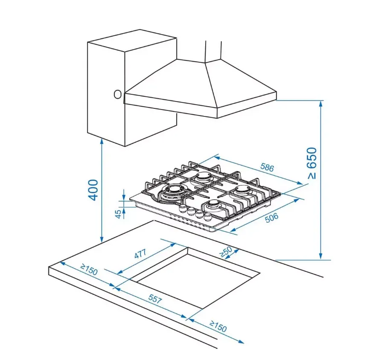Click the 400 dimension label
(x=93, y=190)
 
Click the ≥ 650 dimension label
(x=312, y=163)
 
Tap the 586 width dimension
(x=267, y=167)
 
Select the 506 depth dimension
(x=272, y=218)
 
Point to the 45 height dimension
(x=118, y=214)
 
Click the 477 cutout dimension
(x=140, y=254)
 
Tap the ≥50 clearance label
(x=226, y=252)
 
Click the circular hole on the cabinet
(x=118, y=94)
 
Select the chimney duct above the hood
(x=213, y=52)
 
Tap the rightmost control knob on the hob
(x=208, y=216)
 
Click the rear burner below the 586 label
(x=204, y=176)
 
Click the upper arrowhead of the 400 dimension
(x=102, y=141)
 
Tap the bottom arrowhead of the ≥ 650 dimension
(x=321, y=257)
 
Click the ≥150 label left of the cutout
(x=89, y=270)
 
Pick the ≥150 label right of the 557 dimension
(x=218, y=326)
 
